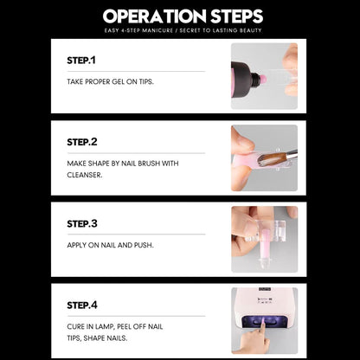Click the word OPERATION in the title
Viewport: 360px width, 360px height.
tap(155, 16)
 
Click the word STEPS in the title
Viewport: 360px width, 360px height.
tap(237, 16)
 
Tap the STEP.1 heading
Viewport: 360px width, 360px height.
tap(81, 61)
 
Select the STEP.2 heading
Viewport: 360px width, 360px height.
tap(82, 142)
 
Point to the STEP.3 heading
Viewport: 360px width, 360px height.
tap(82, 223)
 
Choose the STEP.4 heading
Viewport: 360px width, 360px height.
tap(82, 305)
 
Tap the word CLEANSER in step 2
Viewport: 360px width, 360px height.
tap(85, 175)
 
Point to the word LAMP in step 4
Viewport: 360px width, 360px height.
tap(106, 327)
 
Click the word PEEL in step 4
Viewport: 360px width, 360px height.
tap(125, 327)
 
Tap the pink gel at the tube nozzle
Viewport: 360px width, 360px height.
tap(263, 79)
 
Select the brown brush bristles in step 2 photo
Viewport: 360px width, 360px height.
tap(272, 159)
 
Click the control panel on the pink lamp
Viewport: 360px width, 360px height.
tap(266, 301)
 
